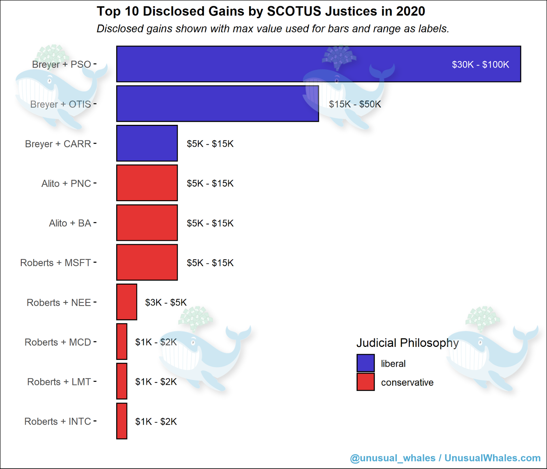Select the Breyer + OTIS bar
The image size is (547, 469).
pyautogui.click(x=217, y=104)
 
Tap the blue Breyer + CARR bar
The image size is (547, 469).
pyautogui.click(x=147, y=143)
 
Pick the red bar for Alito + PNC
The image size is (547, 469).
pyautogui.click(x=147, y=183)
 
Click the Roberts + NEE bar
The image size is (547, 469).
pyautogui.click(x=126, y=302)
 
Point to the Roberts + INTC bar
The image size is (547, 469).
pyautogui.click(x=122, y=421)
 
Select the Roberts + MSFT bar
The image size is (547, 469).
pyautogui.click(x=147, y=262)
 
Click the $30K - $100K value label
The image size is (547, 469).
pyautogui.click(x=480, y=65)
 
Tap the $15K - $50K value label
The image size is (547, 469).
pyautogui.click(x=355, y=104)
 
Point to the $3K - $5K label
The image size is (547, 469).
pyautogui.click(x=166, y=303)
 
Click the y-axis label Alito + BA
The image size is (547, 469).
pyautogui.click(x=70, y=223)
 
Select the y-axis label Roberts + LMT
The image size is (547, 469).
pyautogui.click(x=59, y=382)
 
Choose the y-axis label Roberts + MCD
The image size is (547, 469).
pyautogui.click(x=58, y=342)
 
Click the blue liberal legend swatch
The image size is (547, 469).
pyautogui.click(x=365, y=363)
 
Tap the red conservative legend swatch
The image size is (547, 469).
pyautogui.click(x=365, y=382)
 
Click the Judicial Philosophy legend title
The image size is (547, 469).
pyautogui.click(x=407, y=343)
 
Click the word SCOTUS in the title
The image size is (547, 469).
pyautogui.click(x=294, y=11)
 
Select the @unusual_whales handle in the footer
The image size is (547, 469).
pyautogui.click(x=392, y=458)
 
